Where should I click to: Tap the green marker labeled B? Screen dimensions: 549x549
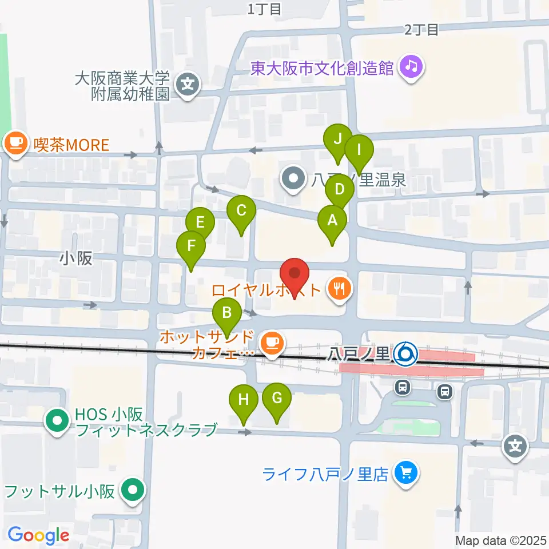(227, 313)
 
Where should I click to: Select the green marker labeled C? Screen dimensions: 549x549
(241, 211)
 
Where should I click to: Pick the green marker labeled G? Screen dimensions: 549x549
(277, 398)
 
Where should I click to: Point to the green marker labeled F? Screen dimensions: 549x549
(191, 246)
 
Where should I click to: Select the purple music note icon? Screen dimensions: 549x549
(411, 67)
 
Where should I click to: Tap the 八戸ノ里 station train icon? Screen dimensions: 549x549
(407, 354)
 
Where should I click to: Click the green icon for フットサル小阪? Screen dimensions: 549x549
(134, 490)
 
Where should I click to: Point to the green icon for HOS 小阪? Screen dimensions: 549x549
(57, 421)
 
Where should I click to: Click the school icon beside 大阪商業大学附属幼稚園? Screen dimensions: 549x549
(187, 86)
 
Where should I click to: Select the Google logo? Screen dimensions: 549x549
(38, 535)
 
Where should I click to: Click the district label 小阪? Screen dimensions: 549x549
(75, 258)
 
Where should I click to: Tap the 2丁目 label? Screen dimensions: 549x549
(421, 30)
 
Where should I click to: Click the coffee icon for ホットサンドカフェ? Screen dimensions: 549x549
(270, 343)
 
